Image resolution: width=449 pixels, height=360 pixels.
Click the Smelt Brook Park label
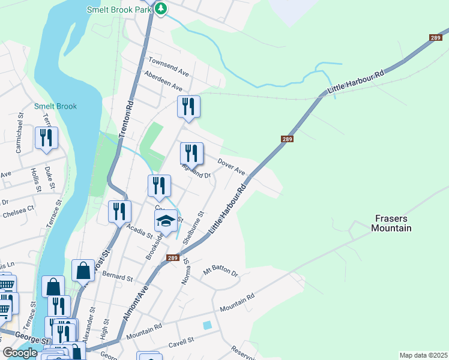tap(119, 10)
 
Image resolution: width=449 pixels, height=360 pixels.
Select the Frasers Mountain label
tap(391, 223)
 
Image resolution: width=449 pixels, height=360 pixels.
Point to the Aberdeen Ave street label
tap(163, 82)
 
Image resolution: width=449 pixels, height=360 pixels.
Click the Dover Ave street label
tap(232, 166)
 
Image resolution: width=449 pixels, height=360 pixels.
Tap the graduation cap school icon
tap(166, 222)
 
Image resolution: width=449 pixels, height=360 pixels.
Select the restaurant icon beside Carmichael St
tap(46, 138)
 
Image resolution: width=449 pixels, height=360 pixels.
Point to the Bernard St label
tap(118, 278)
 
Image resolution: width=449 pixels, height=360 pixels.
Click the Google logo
tap(20, 353)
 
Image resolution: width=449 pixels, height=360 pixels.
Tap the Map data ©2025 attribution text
tap(423, 355)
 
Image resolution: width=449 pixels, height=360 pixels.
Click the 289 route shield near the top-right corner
tap(435, 38)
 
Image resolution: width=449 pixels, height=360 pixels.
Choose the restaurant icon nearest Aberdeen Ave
tap(188, 107)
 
